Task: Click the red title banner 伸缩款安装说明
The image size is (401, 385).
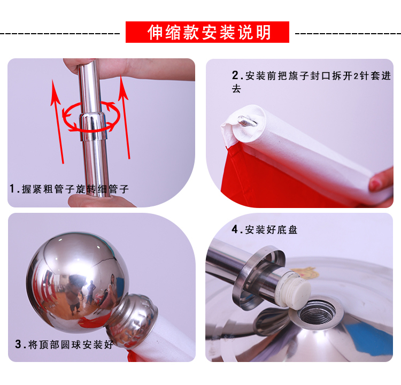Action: (x=207, y=32)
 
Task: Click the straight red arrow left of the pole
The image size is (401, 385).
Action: (x=57, y=121)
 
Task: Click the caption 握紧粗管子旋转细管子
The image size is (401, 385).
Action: (x=75, y=189)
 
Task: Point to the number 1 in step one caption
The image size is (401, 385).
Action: (x=12, y=189)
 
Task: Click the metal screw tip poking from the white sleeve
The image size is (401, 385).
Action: (x=247, y=121)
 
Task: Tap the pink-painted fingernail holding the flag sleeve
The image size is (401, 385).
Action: (x=375, y=184)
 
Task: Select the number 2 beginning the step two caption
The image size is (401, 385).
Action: (x=235, y=75)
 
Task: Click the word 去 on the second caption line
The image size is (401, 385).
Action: (x=236, y=89)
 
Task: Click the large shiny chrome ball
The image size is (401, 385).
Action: (x=77, y=282)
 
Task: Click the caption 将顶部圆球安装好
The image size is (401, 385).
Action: (x=71, y=344)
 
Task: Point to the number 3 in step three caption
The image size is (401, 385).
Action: (x=18, y=344)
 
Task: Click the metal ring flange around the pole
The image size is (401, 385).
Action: (x=258, y=278)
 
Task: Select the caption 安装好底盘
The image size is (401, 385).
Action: (x=271, y=229)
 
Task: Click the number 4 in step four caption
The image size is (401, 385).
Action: (x=235, y=229)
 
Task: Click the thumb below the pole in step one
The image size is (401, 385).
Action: (x=100, y=201)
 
